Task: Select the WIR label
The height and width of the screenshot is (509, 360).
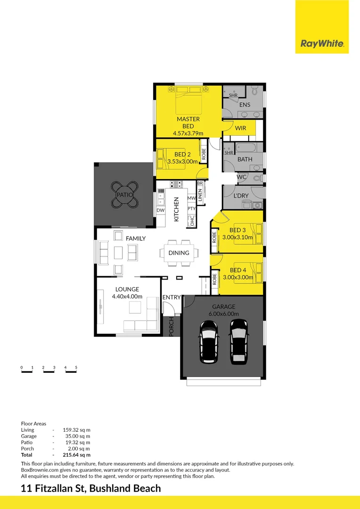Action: click(240, 128)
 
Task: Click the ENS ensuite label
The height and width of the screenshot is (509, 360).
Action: click(245, 105)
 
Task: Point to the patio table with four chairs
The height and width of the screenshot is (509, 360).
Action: click(125, 195)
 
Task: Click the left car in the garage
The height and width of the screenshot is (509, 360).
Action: click(209, 342)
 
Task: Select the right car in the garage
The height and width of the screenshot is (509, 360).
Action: click(239, 341)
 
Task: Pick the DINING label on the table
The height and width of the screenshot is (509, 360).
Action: click(179, 253)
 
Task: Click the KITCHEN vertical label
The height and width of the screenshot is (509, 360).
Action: click(177, 209)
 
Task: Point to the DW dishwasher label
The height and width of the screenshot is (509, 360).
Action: click(160, 210)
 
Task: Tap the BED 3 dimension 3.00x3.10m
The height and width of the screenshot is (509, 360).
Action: click(238, 238)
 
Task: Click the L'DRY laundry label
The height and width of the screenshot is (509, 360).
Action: click(241, 195)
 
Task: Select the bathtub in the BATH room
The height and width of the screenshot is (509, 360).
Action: click(246, 148)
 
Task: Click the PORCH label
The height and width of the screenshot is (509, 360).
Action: click(172, 326)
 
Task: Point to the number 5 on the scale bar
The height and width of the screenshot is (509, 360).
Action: click(76, 367)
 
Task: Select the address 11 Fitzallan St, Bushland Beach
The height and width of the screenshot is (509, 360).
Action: click(91, 488)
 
